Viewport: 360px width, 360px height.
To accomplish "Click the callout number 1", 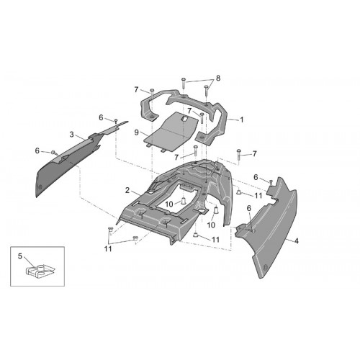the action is tap(242, 120).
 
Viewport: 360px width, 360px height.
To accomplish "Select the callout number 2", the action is tap(127, 190).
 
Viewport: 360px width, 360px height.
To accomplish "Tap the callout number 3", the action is tap(71, 135).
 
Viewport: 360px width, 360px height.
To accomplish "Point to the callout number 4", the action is tap(297, 240).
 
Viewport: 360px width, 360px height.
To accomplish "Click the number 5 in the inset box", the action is tap(20, 256).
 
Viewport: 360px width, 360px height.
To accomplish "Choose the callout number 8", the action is tap(218, 78).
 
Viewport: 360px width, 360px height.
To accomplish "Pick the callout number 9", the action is tap(136, 132).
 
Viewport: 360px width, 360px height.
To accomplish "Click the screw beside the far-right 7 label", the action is tap(238, 155).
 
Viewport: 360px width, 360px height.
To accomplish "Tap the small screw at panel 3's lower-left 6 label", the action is tap(54, 152).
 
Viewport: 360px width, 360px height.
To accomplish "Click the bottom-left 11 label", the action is tap(108, 249).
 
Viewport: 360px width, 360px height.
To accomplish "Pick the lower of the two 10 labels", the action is tap(211, 225).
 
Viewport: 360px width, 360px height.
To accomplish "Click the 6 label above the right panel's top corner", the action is tap(256, 177).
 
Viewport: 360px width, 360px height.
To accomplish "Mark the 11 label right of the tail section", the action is tap(258, 196).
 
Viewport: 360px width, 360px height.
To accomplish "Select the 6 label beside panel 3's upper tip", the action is tap(101, 117).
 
